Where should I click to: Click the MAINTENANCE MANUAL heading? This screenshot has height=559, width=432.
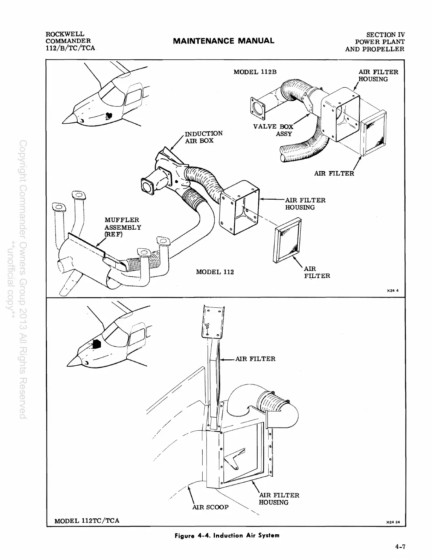223,41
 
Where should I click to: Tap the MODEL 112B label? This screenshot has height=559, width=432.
255,72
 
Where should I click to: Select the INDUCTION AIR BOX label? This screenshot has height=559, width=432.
204,137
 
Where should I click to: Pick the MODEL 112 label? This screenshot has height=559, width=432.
215,272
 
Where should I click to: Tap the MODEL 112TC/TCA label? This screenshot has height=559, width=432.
87,520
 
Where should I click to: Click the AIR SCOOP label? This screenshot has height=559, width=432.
210,507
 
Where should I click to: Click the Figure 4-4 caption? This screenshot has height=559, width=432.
227,535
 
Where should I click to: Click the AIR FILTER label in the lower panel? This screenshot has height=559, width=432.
255,359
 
